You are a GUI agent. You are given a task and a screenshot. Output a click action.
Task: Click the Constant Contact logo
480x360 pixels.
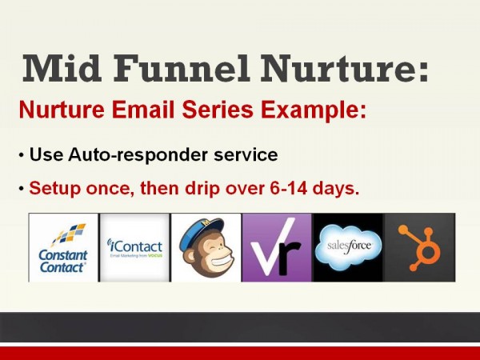(x=63, y=247)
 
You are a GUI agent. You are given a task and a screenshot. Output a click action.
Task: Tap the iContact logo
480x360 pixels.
(x=134, y=247)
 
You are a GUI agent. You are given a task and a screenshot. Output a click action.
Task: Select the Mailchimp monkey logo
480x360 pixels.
(x=206, y=248)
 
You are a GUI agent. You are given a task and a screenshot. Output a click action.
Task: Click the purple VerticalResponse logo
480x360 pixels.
(x=276, y=248)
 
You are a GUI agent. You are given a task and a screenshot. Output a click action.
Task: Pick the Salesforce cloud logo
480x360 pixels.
(x=348, y=247)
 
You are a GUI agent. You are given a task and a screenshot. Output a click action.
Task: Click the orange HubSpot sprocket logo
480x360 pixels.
(x=419, y=247)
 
